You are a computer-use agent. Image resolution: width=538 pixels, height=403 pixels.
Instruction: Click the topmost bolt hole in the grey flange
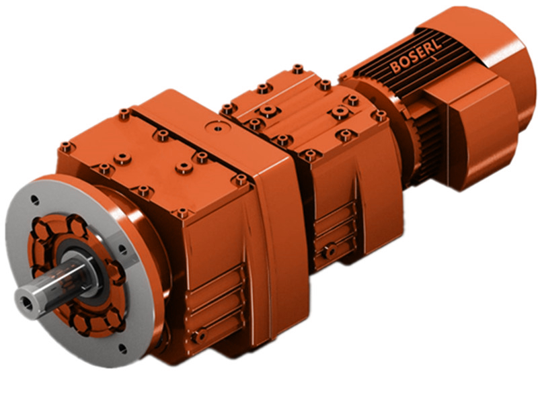point(34,200)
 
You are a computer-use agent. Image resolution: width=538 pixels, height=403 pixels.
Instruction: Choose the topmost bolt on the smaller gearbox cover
point(297,69)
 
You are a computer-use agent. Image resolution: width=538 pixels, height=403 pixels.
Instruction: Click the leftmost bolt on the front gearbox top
point(65,146)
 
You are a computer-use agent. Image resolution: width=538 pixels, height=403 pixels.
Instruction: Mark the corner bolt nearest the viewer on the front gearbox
point(182,214)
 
